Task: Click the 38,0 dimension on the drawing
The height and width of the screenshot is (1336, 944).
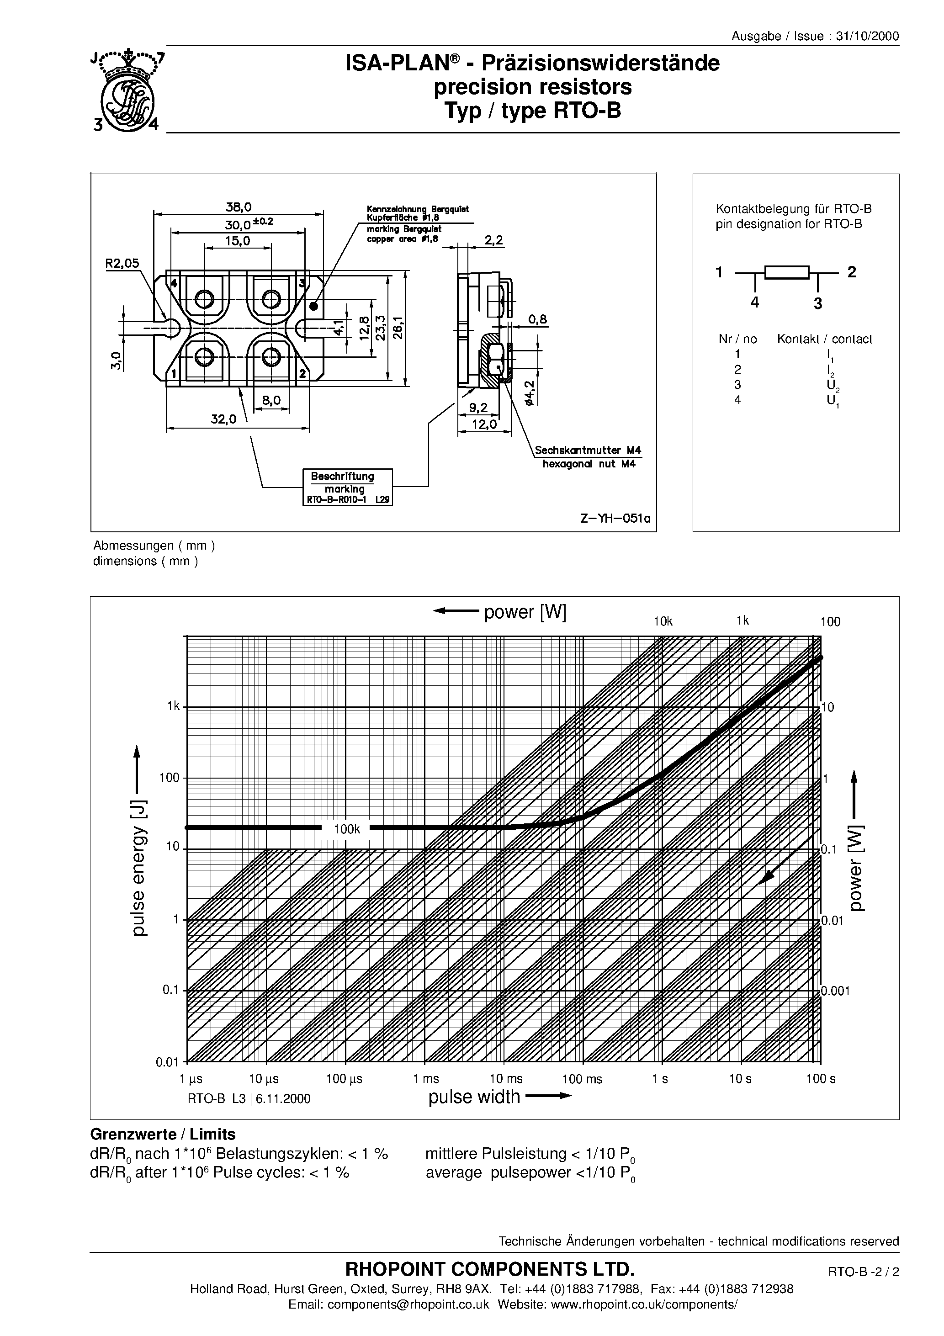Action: tap(239, 207)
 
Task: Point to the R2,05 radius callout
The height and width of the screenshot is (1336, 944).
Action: tap(122, 263)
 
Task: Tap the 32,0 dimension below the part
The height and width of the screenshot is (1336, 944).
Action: tap(223, 419)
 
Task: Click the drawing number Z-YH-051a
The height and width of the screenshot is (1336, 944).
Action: tap(615, 518)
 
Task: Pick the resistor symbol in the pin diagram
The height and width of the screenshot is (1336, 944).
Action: tap(787, 272)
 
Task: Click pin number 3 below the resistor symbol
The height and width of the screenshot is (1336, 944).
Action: tap(818, 303)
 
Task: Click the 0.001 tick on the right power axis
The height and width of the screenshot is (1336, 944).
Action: tap(836, 991)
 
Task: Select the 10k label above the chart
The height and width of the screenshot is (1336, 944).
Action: tap(663, 621)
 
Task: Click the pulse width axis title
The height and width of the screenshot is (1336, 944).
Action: tap(474, 1097)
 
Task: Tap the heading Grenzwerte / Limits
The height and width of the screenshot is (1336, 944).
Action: tap(163, 1134)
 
